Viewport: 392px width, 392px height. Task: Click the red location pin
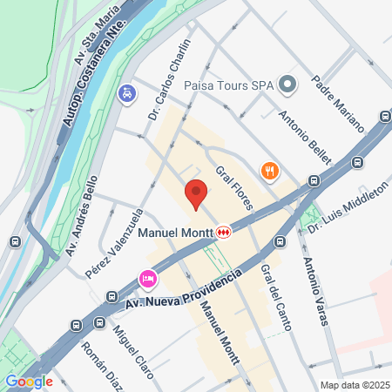tap(196, 193)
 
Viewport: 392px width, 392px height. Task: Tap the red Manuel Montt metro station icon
tap(225, 233)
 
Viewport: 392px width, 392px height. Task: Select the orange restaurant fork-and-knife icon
tap(270, 171)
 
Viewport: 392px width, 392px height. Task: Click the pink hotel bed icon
tap(147, 279)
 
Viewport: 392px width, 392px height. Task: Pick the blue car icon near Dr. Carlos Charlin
tap(127, 92)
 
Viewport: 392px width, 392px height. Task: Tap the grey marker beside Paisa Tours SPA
tap(291, 84)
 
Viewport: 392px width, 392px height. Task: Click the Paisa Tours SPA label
tap(228, 84)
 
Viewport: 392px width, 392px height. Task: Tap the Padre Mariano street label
tap(337, 105)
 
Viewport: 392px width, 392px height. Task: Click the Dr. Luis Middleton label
tap(359, 202)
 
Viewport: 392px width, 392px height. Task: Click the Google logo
tap(29, 381)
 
